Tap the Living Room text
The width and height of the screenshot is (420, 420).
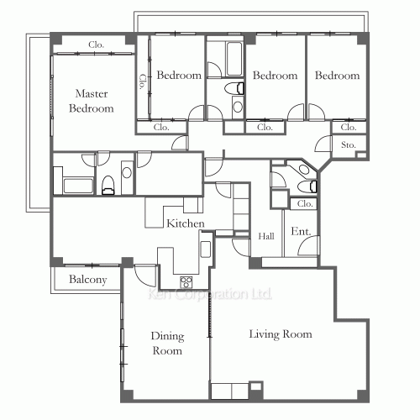[281, 334]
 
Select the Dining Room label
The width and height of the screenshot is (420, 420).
[166, 344]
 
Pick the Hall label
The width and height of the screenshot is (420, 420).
[266, 236]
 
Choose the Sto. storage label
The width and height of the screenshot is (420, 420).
[349, 144]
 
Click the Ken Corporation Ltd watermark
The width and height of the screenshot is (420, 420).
[208, 295]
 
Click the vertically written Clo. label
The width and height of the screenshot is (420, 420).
[142, 81]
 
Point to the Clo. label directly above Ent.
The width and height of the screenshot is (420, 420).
[305, 203]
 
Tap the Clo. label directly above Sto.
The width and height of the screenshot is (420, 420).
[349, 128]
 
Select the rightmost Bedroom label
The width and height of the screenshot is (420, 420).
[337, 76]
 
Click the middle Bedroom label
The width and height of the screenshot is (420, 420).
[275, 76]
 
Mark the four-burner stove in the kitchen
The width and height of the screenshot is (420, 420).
[186, 281]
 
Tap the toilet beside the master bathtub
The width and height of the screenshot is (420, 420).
[108, 186]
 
